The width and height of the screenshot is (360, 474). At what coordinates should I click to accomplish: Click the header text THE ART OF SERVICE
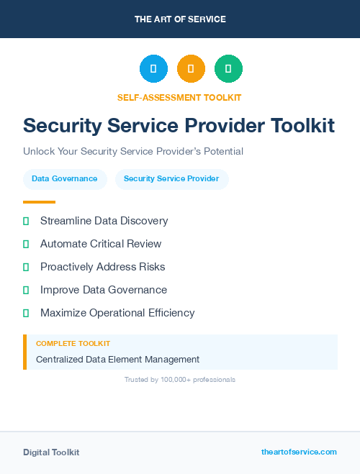(180, 19)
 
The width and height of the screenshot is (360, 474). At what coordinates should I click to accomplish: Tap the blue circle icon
(153, 68)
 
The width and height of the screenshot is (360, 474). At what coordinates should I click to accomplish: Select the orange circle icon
(191, 68)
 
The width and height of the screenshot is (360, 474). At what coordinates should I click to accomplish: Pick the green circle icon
(228, 68)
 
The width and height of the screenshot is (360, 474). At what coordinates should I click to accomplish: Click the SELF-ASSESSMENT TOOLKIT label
(179, 97)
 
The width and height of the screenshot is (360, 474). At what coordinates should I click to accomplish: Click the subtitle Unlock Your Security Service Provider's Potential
(133, 151)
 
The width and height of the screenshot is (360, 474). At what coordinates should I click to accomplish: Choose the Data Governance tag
(65, 179)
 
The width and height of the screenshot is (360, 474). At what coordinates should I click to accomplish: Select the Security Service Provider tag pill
(171, 179)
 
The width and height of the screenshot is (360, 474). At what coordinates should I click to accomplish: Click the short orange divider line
(39, 202)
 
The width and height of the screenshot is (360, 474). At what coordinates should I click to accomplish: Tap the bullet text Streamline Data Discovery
(104, 221)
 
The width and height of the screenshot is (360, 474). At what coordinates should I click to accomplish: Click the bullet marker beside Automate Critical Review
(26, 244)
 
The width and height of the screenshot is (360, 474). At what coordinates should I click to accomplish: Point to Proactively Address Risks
(102, 267)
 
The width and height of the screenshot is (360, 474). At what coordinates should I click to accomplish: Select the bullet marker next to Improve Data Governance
(26, 290)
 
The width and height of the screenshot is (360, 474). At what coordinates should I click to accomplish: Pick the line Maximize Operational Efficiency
(117, 313)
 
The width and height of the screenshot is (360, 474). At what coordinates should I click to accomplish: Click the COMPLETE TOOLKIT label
(73, 344)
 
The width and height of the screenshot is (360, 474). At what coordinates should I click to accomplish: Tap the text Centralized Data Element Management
(117, 359)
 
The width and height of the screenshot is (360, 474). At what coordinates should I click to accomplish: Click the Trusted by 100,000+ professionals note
(180, 379)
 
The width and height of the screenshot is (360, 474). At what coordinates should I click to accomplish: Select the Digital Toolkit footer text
(51, 452)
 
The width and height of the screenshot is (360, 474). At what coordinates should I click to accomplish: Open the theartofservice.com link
(299, 452)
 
